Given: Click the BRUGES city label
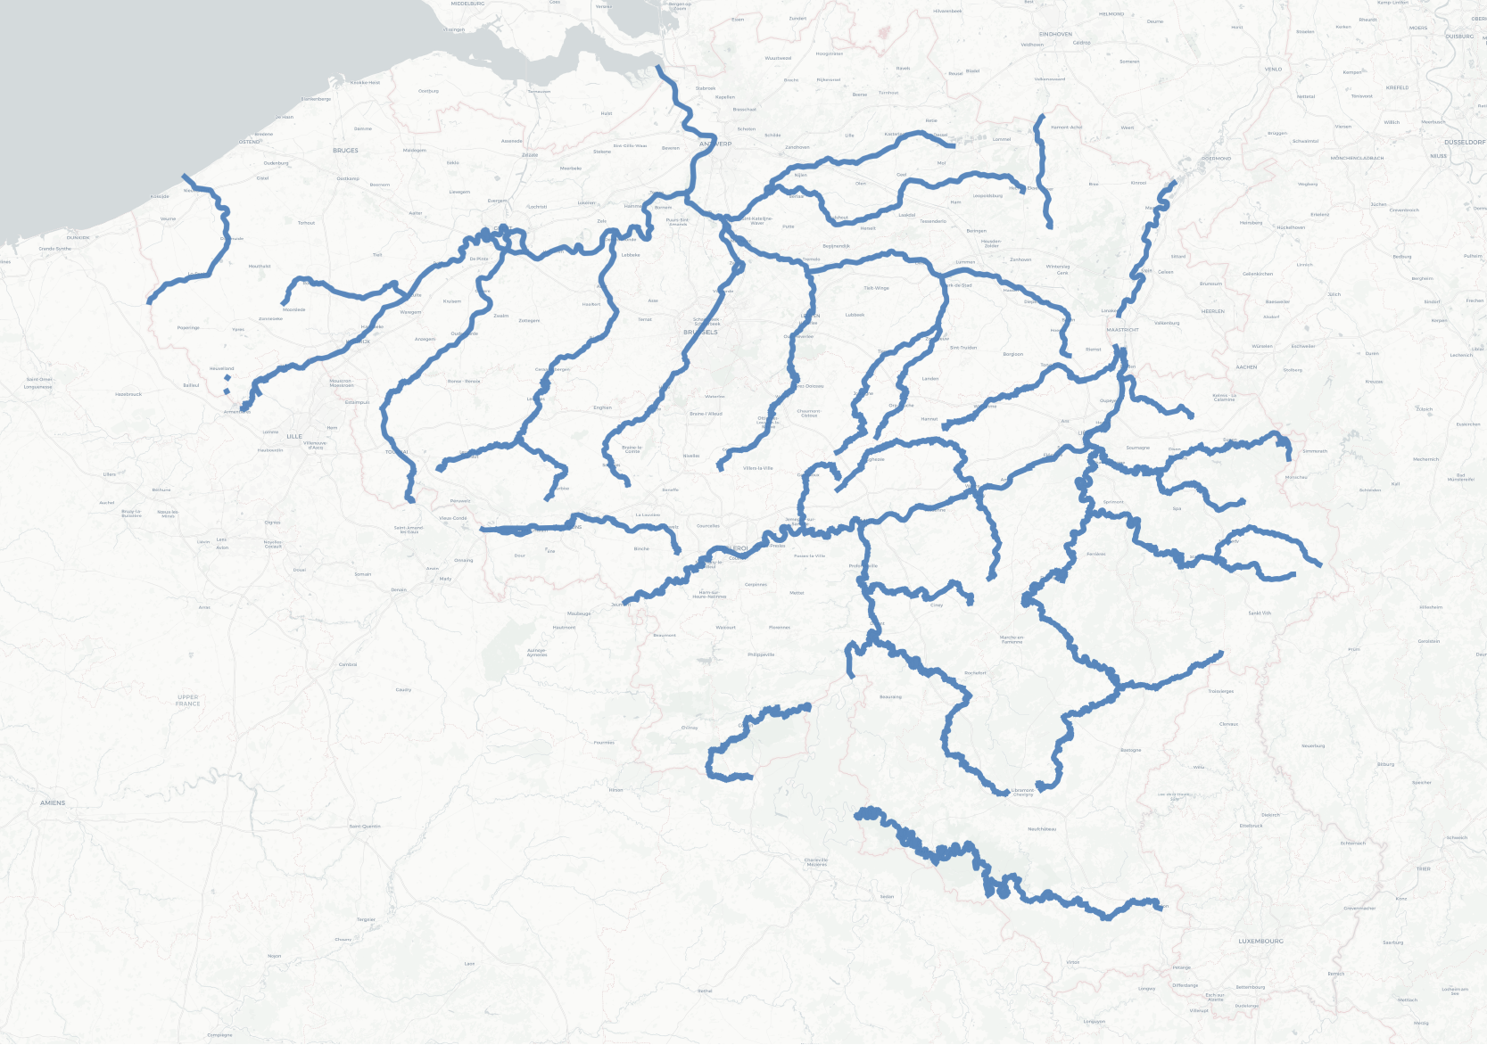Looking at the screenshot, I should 345,151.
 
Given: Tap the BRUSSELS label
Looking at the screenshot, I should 700,332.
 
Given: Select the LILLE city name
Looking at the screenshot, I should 294,437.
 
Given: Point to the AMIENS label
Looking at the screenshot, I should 53,802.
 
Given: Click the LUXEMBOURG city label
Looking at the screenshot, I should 1260,941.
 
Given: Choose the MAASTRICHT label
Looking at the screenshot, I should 1122,330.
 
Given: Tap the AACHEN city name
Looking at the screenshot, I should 1246,366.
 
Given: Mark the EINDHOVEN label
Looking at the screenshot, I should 1055,34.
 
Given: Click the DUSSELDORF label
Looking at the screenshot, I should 1465,142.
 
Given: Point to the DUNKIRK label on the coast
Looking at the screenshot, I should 78,238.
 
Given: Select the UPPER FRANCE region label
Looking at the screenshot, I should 188,701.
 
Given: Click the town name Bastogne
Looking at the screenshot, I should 1130,750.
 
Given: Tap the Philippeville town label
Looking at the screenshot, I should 761,654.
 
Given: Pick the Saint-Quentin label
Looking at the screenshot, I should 365,827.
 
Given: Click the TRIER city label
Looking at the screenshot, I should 1423,868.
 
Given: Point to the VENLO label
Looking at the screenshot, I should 1273,69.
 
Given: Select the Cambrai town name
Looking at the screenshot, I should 348,664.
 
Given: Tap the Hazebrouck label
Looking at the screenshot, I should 128,394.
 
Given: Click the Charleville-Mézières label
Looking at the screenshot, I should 816,862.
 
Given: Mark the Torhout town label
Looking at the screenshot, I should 306,223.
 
